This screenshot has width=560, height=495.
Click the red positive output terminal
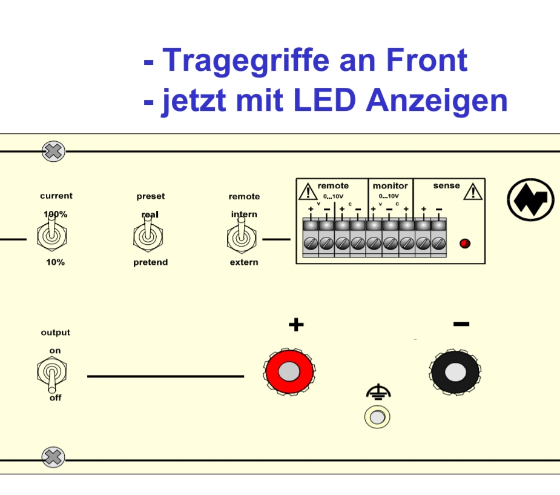[291, 370]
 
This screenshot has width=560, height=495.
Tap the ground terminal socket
[377, 417]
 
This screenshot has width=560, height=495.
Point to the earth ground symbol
[378, 393]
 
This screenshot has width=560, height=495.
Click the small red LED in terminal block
[465, 244]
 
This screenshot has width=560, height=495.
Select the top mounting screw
[53, 151]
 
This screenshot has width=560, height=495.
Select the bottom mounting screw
[53, 457]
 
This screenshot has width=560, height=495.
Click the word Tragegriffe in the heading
[246, 60]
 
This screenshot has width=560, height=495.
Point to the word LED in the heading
[325, 101]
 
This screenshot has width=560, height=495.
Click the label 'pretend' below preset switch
[150, 262]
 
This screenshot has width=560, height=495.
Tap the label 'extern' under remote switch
[243, 262]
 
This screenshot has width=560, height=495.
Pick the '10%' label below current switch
[55, 262]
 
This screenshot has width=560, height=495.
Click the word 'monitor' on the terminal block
[390, 185]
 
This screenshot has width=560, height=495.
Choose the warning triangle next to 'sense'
[472, 192]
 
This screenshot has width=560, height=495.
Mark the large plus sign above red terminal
[295, 325]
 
